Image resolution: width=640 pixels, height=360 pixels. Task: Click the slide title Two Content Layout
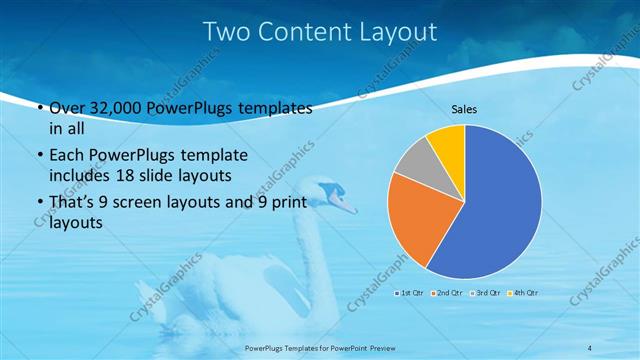(x=320, y=32)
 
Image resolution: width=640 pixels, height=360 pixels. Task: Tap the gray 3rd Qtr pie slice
(x=412, y=162)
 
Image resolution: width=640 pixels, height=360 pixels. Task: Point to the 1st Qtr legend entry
(x=411, y=292)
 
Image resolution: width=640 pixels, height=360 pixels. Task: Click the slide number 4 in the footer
(x=589, y=347)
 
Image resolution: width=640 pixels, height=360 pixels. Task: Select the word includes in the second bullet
(x=78, y=175)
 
